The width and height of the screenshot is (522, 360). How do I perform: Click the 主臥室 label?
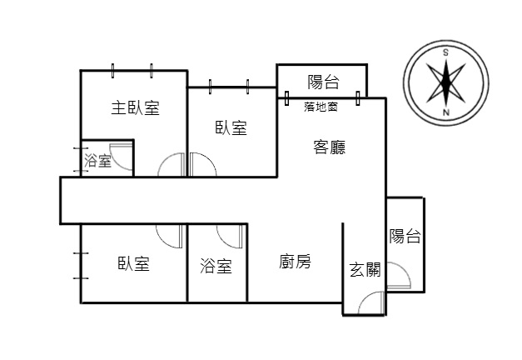[x=135, y=108]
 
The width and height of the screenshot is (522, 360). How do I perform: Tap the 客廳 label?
[x=330, y=147]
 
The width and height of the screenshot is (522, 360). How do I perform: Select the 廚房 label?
[x=295, y=262]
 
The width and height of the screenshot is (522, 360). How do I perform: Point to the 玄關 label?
[x=365, y=269]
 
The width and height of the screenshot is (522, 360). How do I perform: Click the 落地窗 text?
[x=321, y=107]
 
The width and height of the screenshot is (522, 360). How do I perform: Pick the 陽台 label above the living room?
[x=323, y=82]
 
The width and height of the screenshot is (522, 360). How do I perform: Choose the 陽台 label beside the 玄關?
[x=405, y=236]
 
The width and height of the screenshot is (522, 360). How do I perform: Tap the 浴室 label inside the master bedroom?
[x=97, y=160]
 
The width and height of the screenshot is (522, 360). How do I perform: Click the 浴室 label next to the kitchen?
[x=216, y=266]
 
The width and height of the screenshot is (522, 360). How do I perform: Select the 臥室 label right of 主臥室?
[x=231, y=127]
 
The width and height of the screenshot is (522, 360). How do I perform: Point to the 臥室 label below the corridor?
[x=133, y=263]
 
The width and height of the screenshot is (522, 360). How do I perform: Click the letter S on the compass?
[x=445, y=52]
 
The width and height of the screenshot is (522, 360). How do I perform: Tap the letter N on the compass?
[x=446, y=112]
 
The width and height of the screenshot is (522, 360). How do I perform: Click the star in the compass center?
[x=445, y=82]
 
